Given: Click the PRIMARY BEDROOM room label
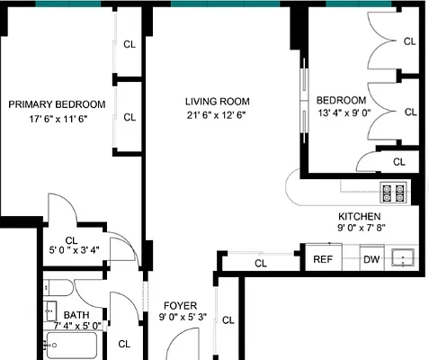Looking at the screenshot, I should pos(57,104).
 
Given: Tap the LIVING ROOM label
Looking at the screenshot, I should pos(218,101).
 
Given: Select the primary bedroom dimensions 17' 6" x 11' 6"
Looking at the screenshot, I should pos(57,119).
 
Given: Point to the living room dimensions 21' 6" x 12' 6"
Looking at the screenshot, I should pos(217,115).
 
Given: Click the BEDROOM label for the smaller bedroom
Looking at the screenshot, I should pos(342,100).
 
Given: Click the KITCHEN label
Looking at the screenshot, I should pos(359,217).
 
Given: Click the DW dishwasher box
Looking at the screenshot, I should pos(371,259).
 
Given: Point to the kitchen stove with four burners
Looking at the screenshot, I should pos(393,192).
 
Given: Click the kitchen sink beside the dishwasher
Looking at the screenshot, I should pos(405,258).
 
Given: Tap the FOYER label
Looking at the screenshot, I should pos(180,305).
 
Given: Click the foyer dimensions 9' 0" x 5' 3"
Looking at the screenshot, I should pos(183,317).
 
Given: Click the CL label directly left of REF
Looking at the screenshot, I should pos(261,264).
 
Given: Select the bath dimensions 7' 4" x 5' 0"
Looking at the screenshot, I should pos(77,326).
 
